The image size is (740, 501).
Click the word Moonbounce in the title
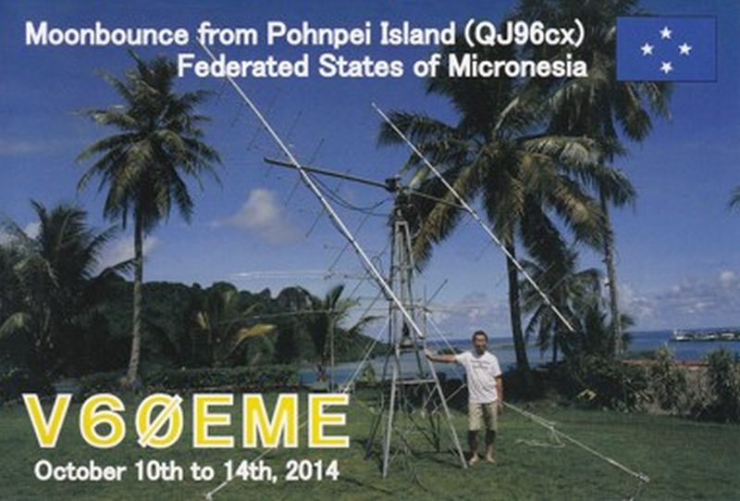pyautogui.click(x=106, y=34)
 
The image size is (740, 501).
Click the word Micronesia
pyautogui.click(x=517, y=66)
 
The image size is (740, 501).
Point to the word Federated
pyautogui.click(x=242, y=66)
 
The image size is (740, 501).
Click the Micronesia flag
pyautogui.click(x=666, y=49)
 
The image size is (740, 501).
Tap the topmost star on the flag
pyautogui.click(x=666, y=32)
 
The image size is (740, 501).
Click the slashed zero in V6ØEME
pyautogui.click(x=159, y=420)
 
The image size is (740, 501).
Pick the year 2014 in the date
pyautogui.click(x=312, y=470)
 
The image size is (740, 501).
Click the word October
pyautogui.click(x=80, y=470)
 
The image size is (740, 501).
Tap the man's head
pyautogui.click(x=479, y=339)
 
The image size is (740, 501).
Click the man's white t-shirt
pyautogui.click(x=481, y=376)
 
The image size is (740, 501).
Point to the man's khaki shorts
pyautogui.click(x=483, y=416)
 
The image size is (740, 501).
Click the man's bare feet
pyautogui.click(x=481, y=458)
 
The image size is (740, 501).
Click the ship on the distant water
pyautogui.click(x=704, y=335)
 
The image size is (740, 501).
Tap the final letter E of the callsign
pyautogui.click(x=326, y=420)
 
